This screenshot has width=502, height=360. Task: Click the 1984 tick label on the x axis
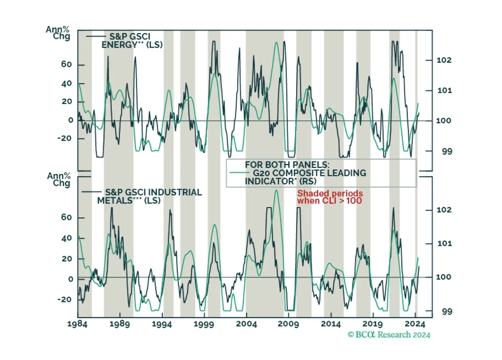[78, 324]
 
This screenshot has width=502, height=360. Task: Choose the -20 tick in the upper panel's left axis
[66, 138]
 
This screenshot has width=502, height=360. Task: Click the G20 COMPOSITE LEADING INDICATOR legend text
[299, 176]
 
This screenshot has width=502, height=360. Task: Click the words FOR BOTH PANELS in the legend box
[281, 164]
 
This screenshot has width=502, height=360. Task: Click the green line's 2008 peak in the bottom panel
[276, 190]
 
